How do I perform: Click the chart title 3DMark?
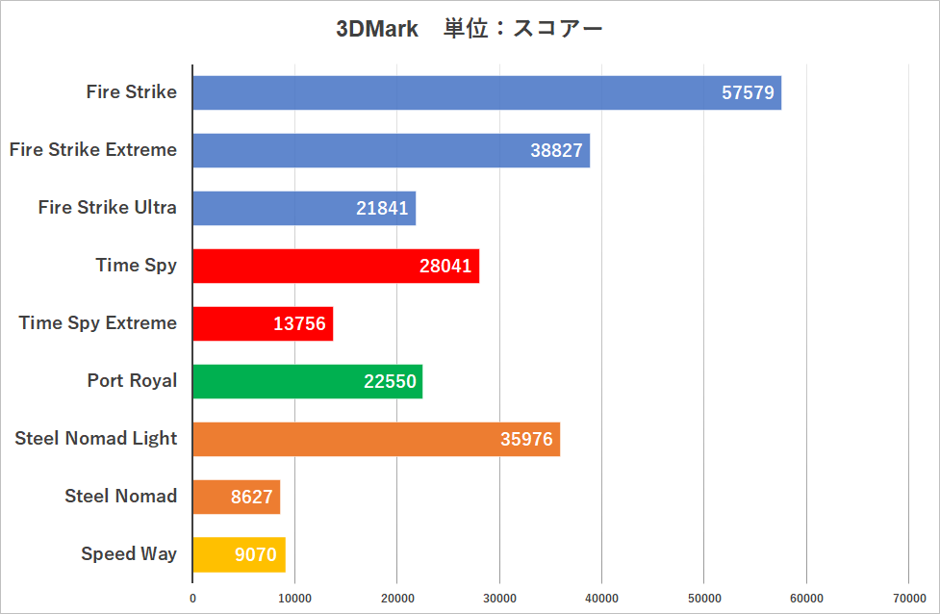pyautogui.click(x=377, y=29)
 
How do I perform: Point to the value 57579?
pyautogui.click(x=748, y=93)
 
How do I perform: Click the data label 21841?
pyautogui.click(x=382, y=209)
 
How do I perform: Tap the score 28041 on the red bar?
pyautogui.click(x=445, y=267)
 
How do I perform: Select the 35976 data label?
pyautogui.click(x=526, y=440)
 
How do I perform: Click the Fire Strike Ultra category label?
pyautogui.click(x=108, y=207)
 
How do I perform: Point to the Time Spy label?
pyautogui.click(x=137, y=266)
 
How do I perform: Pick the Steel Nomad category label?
pyautogui.click(x=121, y=496)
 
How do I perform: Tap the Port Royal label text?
pyautogui.click(x=132, y=380)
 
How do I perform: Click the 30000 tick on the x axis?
pyautogui.click(x=499, y=598)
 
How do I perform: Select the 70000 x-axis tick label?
pyautogui.click(x=908, y=598)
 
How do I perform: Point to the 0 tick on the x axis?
pyautogui.click(x=192, y=598)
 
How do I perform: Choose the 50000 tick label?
pyautogui.click(x=703, y=598)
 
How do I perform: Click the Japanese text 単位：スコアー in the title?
pyautogui.click(x=522, y=29)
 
